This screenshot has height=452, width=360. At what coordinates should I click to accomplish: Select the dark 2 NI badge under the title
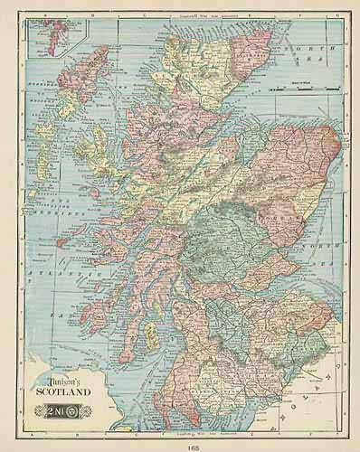point(65,403)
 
